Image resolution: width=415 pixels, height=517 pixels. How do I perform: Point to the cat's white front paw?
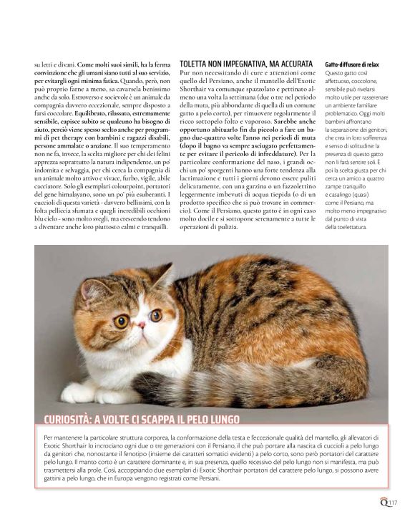tap(80, 391)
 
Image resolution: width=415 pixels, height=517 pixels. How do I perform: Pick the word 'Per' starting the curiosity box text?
tap(47, 436)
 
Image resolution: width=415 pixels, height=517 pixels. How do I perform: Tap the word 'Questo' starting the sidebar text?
tap(334, 73)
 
